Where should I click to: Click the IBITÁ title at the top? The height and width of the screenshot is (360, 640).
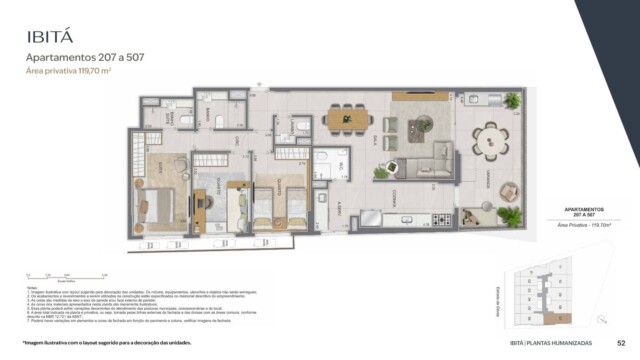coord(52,37)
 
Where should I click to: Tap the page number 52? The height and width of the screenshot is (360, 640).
coord(621,342)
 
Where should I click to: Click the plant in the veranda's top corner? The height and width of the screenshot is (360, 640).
coord(512,101)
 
